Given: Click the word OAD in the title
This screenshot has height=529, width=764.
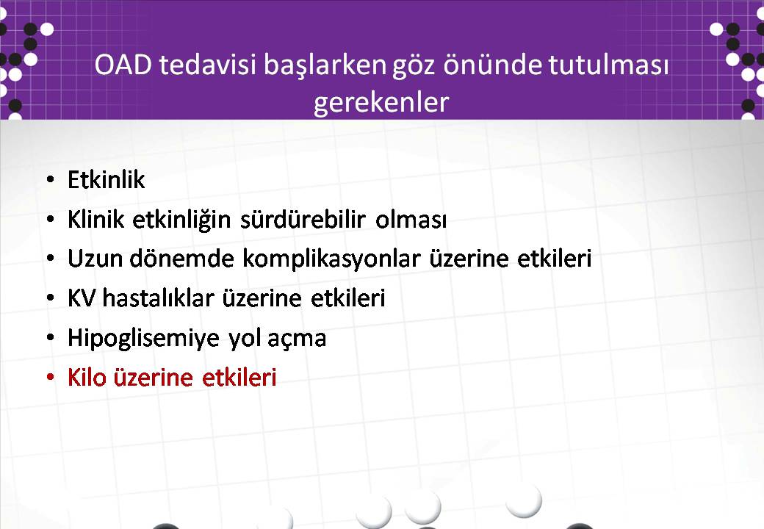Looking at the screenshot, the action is click(123, 65).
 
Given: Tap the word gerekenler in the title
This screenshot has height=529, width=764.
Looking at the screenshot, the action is click(381, 103).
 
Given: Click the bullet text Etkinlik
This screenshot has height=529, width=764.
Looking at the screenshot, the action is click(107, 180).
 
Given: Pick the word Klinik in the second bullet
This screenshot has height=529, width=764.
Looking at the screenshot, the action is click(96, 219).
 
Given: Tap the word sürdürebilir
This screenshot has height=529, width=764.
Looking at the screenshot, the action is click(302, 219).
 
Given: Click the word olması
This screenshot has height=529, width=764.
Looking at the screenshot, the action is click(411, 220).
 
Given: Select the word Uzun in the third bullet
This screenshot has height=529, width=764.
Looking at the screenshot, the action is click(95, 259).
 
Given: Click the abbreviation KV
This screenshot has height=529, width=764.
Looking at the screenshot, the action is click(82, 298).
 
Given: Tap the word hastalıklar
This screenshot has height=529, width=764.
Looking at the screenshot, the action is click(159, 298).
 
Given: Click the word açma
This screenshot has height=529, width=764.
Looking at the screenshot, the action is click(297, 339).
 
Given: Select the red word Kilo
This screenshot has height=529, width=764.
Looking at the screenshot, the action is click(87, 378).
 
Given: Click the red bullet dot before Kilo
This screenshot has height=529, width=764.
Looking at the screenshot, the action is click(50, 378).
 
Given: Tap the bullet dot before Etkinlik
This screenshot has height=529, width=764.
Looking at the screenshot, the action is click(50, 180).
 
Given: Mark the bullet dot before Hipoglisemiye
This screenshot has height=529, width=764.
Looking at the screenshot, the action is click(50, 337).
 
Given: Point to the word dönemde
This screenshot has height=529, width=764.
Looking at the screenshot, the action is click(181, 259).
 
